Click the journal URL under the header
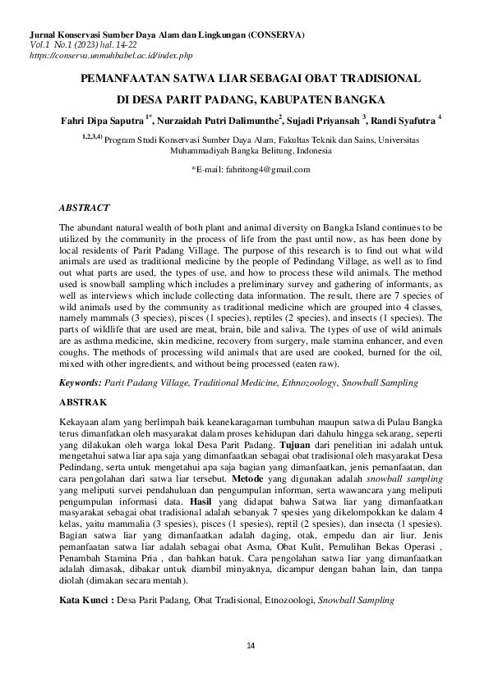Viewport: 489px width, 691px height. point(110,55)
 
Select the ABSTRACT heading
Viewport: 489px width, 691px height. point(87,208)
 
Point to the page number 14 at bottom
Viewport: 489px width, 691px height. point(251,646)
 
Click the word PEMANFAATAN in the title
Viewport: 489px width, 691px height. point(124,80)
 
